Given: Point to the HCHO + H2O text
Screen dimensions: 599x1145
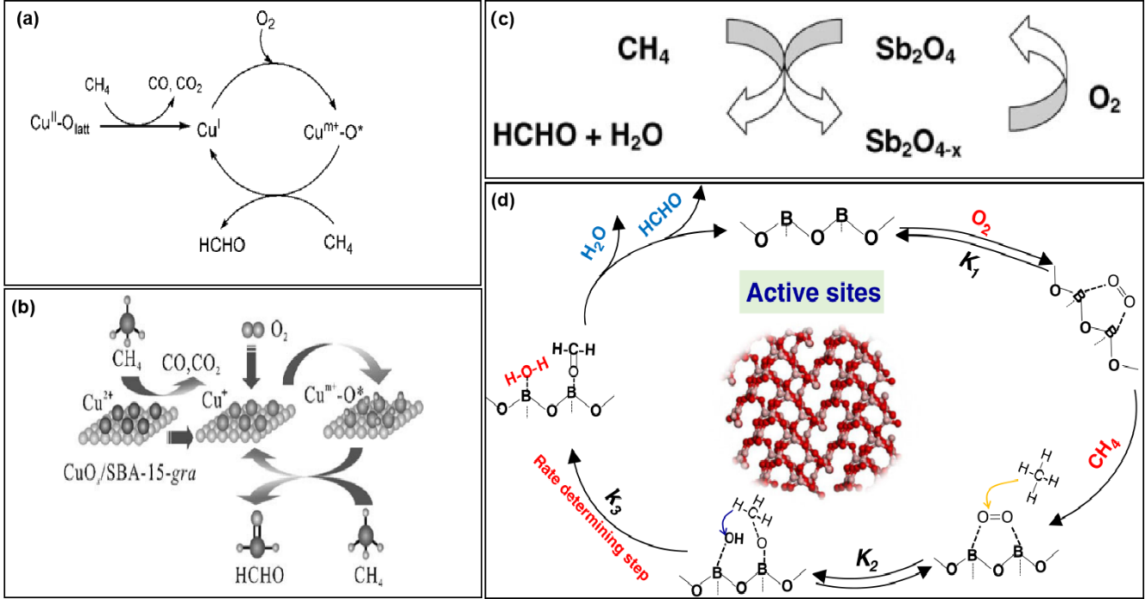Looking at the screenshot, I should [x=577, y=136].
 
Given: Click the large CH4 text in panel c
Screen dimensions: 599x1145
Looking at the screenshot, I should [x=643, y=52].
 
